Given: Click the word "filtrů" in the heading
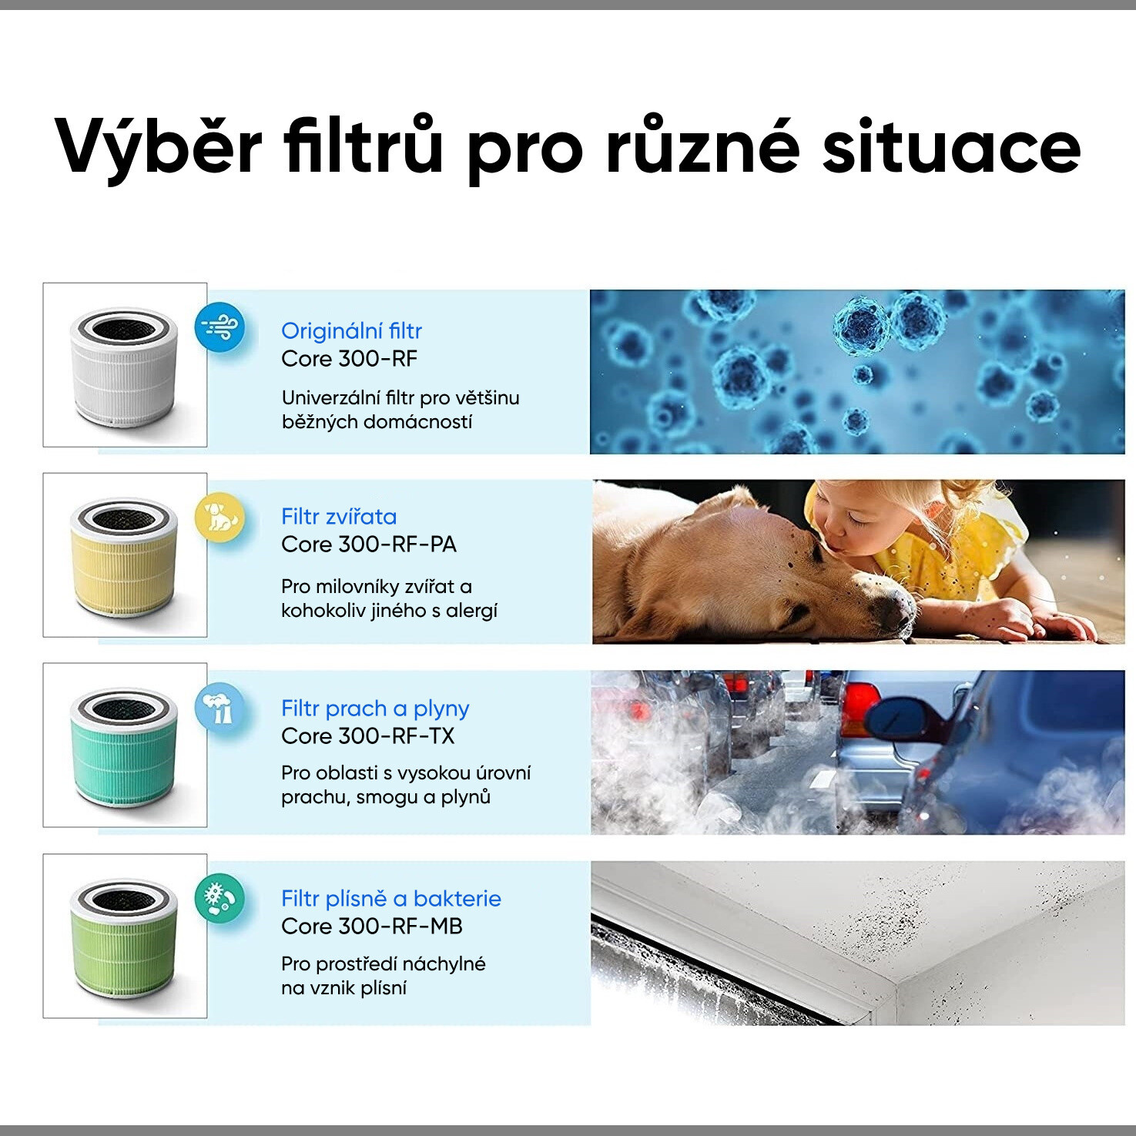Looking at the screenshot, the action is [x=363, y=145].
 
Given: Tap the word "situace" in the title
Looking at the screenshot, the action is [x=951, y=146].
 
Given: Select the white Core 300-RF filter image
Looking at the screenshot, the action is [x=124, y=367].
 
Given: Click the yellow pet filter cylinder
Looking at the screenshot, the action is [x=124, y=557].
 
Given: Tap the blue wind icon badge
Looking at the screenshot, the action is [x=220, y=327].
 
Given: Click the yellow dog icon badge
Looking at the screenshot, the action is [x=220, y=517].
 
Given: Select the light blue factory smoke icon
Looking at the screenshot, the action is [x=220, y=708].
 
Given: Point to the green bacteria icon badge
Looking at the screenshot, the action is [x=220, y=898].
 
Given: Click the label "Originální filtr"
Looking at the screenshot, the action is [x=351, y=331].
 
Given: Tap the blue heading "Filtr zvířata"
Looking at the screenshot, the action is [x=339, y=517].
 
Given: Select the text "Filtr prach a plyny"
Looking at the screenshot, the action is [x=375, y=709].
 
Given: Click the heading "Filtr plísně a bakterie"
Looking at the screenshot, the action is [x=391, y=899].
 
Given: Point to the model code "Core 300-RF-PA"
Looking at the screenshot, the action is [x=369, y=545].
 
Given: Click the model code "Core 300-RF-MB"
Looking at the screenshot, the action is [x=372, y=927].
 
